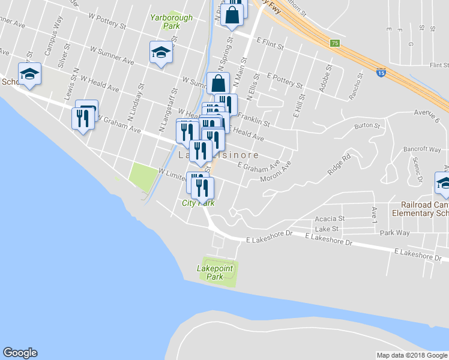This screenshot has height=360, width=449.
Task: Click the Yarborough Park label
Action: point(172,22)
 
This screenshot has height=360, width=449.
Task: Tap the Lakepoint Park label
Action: point(214,272)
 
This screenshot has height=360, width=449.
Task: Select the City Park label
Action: point(198,203)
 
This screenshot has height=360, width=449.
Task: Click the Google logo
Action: point(20,353)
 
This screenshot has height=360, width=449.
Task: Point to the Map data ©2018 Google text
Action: point(412,355)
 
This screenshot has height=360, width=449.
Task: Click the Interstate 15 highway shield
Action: point(382,72)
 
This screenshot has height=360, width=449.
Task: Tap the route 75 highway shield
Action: point(335,43)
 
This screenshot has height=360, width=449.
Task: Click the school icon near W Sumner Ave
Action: point(161,52)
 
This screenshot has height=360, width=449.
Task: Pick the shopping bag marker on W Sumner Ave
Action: point(218,83)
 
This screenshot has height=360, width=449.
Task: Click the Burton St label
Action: point(367,126)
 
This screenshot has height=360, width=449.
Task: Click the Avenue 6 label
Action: point(427,115)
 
